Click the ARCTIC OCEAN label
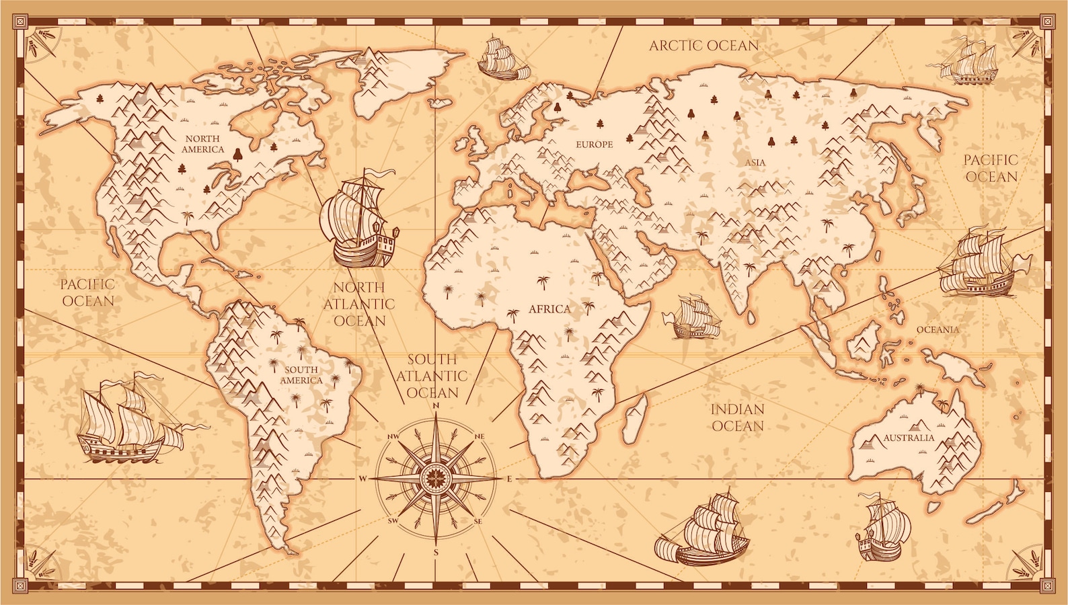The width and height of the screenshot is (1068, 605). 703,46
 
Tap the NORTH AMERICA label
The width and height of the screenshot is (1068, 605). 202,144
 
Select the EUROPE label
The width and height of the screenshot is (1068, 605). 594,145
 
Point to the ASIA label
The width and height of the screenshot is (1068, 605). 755,163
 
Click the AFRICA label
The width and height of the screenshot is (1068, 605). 549,309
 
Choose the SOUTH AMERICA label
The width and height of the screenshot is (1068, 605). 301,375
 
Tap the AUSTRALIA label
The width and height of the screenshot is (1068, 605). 909,438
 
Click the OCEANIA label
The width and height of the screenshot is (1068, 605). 938,329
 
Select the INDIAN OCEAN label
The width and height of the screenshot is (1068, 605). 738,417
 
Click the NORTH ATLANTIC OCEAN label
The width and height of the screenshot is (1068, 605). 359,305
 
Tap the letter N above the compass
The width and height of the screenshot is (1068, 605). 436,405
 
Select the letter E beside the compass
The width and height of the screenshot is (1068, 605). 510,479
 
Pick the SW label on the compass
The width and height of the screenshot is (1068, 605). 393,520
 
